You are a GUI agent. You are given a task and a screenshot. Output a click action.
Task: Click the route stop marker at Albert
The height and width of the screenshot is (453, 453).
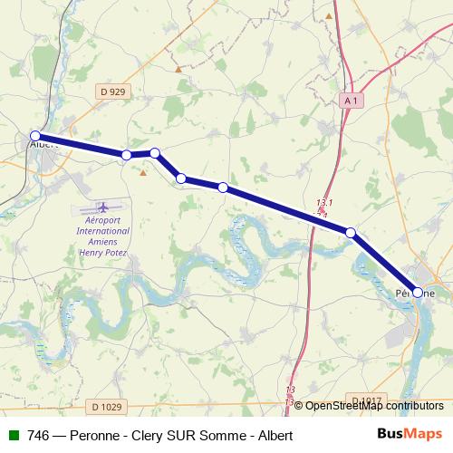[35, 137]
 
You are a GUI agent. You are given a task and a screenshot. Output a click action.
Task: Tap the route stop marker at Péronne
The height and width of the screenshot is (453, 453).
[418, 293]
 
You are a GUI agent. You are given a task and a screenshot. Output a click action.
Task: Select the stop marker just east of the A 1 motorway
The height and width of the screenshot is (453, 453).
[351, 233]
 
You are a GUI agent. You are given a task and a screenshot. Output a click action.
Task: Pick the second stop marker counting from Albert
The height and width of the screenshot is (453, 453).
[126, 156]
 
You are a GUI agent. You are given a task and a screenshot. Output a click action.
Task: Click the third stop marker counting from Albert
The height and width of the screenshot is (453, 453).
[155, 153]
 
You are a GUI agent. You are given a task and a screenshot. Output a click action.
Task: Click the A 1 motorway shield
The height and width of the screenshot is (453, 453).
[351, 101]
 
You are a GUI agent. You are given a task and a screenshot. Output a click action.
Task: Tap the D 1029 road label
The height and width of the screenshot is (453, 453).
[108, 408]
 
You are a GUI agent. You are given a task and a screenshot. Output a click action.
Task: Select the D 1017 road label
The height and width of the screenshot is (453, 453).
[366, 400]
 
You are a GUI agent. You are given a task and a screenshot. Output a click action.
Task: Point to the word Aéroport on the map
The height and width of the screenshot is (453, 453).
[102, 221]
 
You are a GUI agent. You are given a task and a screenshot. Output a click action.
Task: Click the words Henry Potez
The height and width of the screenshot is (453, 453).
[102, 254]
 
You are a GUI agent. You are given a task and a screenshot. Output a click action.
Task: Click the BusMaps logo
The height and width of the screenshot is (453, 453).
[409, 434]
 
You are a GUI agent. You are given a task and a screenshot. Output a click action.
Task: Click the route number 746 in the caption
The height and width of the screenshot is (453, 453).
[38, 436]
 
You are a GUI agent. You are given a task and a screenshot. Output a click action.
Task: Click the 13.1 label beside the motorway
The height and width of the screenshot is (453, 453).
[326, 202]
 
